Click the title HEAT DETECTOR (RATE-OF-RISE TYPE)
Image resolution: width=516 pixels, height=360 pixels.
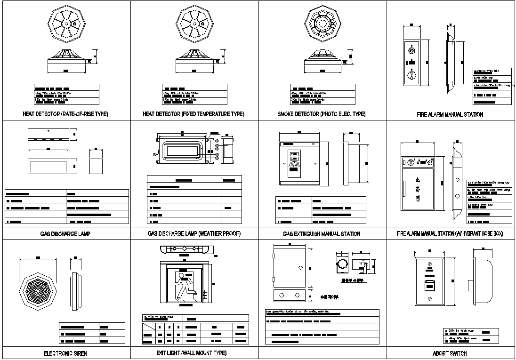(x=65, y=114)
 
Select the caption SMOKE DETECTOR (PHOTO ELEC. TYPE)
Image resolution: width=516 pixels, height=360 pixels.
(x=322, y=114)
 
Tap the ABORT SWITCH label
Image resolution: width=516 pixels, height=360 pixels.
(x=450, y=353)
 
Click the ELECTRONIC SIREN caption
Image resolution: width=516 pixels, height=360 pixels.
(x=65, y=353)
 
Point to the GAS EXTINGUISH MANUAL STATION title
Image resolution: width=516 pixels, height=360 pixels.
(x=322, y=234)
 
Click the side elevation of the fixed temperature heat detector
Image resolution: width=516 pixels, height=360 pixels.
(x=193, y=59)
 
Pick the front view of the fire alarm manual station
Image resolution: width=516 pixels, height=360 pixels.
(x=411, y=62)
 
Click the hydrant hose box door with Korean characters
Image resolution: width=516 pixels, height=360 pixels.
(x=417, y=192)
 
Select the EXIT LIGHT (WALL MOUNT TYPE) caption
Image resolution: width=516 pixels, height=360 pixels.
(x=191, y=353)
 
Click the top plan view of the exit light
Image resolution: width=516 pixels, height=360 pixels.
(x=185, y=249)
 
